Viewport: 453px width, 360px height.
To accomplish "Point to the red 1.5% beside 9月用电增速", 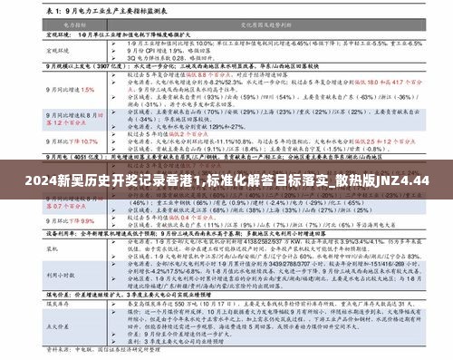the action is tap(88, 90).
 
